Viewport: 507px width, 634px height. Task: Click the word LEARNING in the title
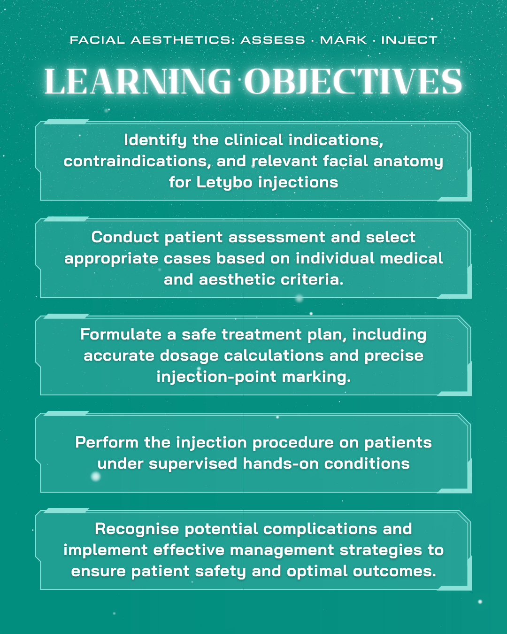click(x=138, y=81)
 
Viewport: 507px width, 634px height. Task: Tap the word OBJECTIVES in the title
click(x=353, y=81)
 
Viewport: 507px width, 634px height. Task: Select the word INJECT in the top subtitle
click(x=409, y=40)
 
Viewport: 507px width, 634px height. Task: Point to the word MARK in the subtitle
click(x=344, y=40)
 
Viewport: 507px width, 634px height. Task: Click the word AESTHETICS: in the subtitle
click(x=183, y=40)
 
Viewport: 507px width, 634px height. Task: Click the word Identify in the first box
click(x=155, y=140)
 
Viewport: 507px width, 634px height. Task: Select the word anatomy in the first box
click(x=408, y=162)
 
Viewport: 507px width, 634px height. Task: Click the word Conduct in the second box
click(x=125, y=237)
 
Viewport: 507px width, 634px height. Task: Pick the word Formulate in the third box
click(x=121, y=334)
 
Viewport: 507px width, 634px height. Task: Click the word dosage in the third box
click(x=189, y=356)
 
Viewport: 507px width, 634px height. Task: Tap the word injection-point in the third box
click(x=216, y=377)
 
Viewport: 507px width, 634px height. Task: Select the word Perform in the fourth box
click(x=107, y=442)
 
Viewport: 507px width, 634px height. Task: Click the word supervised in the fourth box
click(x=193, y=464)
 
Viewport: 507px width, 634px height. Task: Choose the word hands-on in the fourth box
click(x=281, y=464)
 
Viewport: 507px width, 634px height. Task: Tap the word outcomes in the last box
click(x=394, y=572)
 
